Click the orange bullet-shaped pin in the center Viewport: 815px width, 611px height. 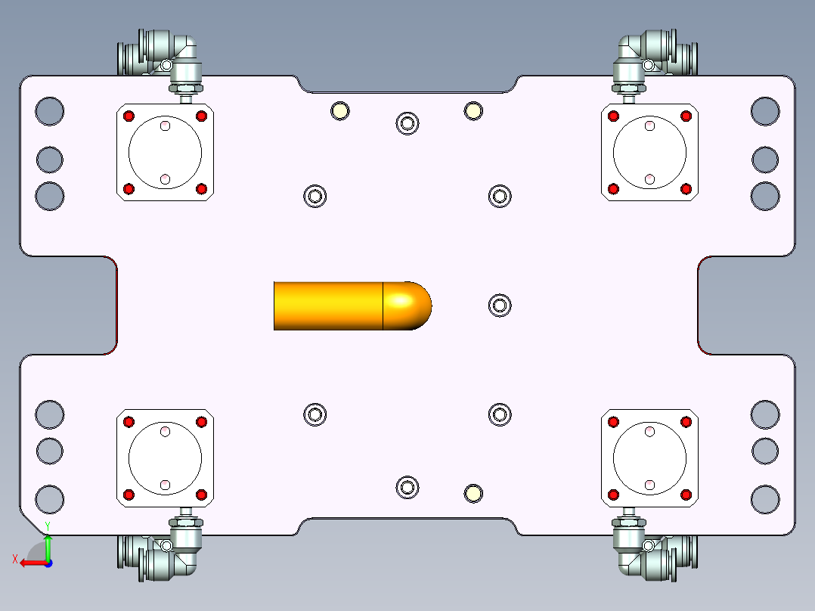(x=340, y=305)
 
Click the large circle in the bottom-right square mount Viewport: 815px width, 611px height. (x=649, y=458)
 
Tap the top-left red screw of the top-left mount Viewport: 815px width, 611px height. (x=129, y=116)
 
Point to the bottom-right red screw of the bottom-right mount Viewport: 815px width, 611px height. (x=686, y=495)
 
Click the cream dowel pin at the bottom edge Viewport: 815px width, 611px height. (x=473, y=493)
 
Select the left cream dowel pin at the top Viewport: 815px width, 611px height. (x=339, y=111)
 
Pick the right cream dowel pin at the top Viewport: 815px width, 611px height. (x=473, y=111)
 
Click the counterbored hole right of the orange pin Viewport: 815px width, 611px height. (x=499, y=305)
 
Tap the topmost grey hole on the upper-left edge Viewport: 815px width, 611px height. (x=50, y=111)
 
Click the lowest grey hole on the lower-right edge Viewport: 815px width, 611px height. (x=765, y=499)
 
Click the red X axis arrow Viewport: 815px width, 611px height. (x=30, y=563)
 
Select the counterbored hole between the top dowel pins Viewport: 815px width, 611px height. (x=407, y=123)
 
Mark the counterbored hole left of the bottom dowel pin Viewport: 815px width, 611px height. (x=407, y=487)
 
